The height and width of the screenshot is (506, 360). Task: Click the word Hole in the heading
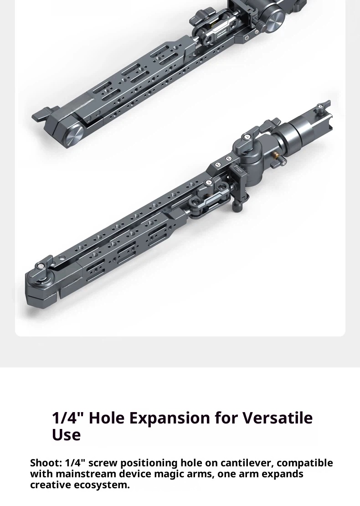[107, 418]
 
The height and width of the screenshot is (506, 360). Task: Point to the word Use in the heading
[66, 434]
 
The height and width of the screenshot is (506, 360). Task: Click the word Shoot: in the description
[46, 463]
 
